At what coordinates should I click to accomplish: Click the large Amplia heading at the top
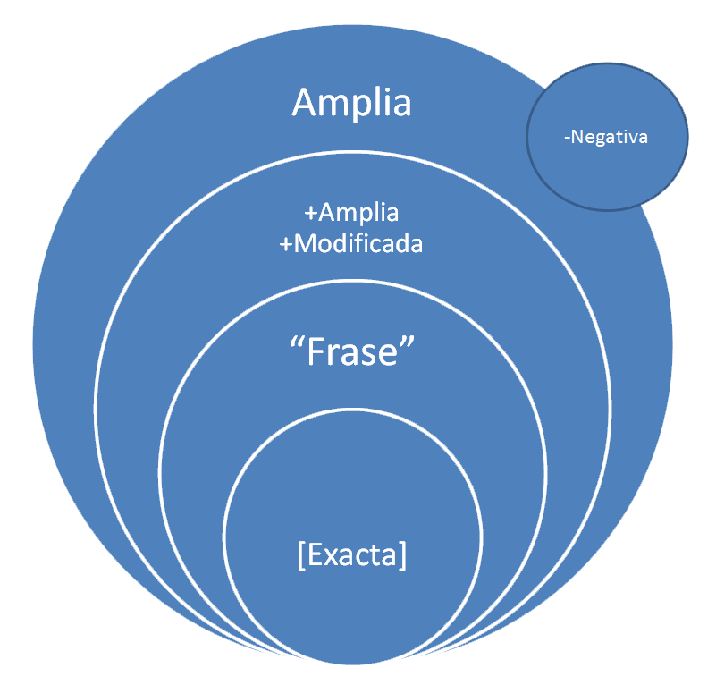[351, 103]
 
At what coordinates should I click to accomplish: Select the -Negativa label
[607, 138]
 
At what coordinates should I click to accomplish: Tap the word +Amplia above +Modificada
[351, 215]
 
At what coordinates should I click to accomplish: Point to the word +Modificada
[351, 243]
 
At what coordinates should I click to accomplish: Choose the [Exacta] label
[351, 555]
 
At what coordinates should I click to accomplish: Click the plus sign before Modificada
[286, 244]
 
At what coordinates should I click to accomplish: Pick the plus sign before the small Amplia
[310, 216]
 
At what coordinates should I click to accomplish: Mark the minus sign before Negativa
[567, 139]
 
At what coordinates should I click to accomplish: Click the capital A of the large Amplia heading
[305, 103]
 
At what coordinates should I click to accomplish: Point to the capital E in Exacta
[312, 555]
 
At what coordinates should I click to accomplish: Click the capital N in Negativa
[577, 138]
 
